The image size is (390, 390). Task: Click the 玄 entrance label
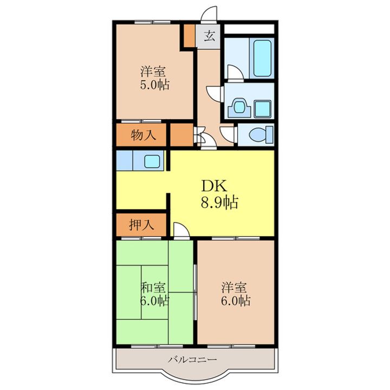tap(210, 36)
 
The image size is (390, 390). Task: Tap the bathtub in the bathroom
tap(262, 58)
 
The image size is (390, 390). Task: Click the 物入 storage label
tap(143, 135)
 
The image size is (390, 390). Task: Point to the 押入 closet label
tap(141, 225)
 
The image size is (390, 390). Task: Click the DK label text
tap(214, 186)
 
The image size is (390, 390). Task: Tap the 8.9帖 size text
tap(219, 202)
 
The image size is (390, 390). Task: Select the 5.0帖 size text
tap(155, 84)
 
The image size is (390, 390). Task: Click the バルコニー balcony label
tap(192, 360)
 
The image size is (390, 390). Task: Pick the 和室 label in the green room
tap(153, 288)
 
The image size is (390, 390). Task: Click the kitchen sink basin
tap(152, 161)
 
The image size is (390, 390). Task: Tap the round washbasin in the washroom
tap(239, 107)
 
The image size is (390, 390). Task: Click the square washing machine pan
tap(262, 109)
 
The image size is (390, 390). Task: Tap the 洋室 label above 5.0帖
tap(153, 71)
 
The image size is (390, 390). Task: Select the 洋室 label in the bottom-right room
tap(234, 288)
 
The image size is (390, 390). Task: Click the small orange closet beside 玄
tap(189, 35)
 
